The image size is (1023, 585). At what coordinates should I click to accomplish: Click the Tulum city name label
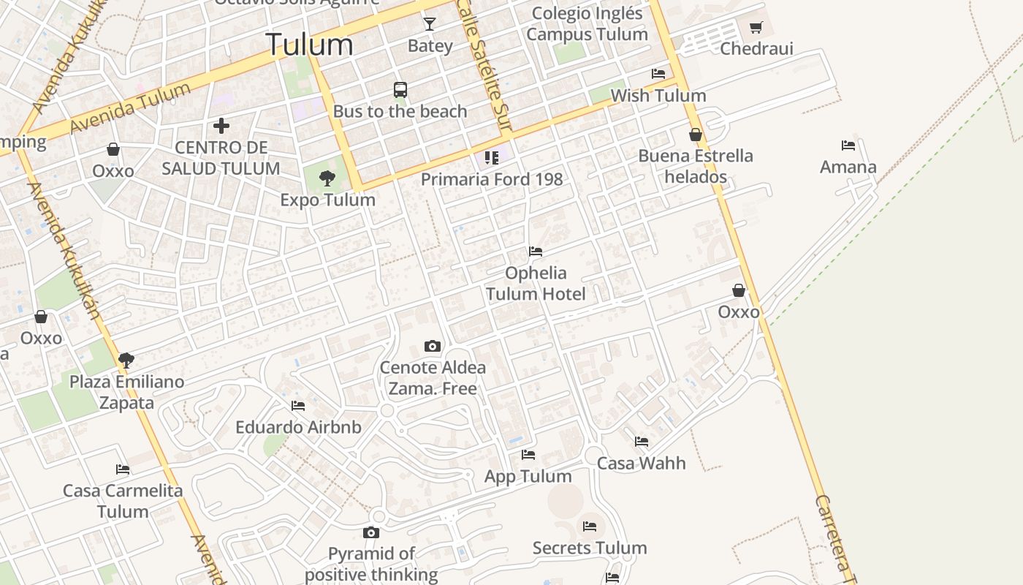click(309, 45)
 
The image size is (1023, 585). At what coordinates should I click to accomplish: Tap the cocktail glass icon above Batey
click(430, 24)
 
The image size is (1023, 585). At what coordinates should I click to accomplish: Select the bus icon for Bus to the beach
click(400, 90)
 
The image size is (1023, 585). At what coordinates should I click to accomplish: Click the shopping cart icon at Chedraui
click(756, 28)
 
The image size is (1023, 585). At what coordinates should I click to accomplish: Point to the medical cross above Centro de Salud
click(221, 126)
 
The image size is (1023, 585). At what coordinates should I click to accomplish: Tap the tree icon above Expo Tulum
click(327, 178)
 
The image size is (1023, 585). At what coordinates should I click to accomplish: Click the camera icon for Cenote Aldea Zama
click(433, 346)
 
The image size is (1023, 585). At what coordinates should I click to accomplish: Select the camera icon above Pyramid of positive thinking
click(371, 532)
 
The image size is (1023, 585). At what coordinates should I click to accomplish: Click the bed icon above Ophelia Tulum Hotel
click(536, 252)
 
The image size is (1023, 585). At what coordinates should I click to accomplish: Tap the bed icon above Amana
click(848, 146)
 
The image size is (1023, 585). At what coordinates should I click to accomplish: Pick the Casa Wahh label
click(642, 463)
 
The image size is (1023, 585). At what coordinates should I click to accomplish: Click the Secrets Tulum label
click(590, 548)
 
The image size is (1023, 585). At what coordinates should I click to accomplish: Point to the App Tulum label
click(528, 476)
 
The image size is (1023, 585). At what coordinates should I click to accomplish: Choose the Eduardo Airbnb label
click(298, 427)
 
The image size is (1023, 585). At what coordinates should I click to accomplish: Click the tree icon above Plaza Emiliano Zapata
click(126, 360)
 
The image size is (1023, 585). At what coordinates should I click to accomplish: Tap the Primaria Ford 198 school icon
click(492, 158)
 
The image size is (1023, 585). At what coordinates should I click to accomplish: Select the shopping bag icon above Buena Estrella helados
click(696, 135)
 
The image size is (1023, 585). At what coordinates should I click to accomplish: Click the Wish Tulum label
click(658, 95)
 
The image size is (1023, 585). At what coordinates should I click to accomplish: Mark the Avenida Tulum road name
click(131, 108)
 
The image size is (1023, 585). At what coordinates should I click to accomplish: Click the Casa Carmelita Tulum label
click(123, 501)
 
